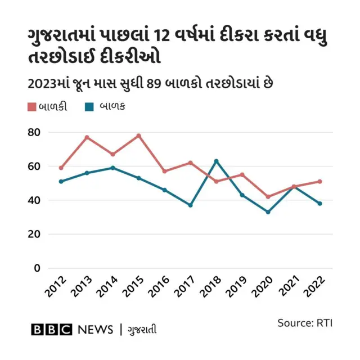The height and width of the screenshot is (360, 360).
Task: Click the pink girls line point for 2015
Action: pos(138,136)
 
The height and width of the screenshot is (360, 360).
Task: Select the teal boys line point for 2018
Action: pos(216,161)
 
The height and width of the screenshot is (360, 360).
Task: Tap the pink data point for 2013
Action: pos(87,137)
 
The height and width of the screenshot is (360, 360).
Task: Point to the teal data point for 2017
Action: pos(190,205)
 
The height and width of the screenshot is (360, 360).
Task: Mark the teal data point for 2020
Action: pos(268,212)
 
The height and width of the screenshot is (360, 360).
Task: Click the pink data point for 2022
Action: pos(319,182)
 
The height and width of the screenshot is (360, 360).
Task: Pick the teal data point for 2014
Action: pos(112,168)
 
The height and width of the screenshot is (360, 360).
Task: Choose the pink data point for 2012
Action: pos(61,168)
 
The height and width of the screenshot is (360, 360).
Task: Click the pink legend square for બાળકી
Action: pos(32,106)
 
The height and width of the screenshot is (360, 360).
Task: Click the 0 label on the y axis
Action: pos(37,268)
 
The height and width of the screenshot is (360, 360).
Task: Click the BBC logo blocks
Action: pos(51,330)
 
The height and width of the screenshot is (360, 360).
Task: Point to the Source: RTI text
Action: pos(304,323)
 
